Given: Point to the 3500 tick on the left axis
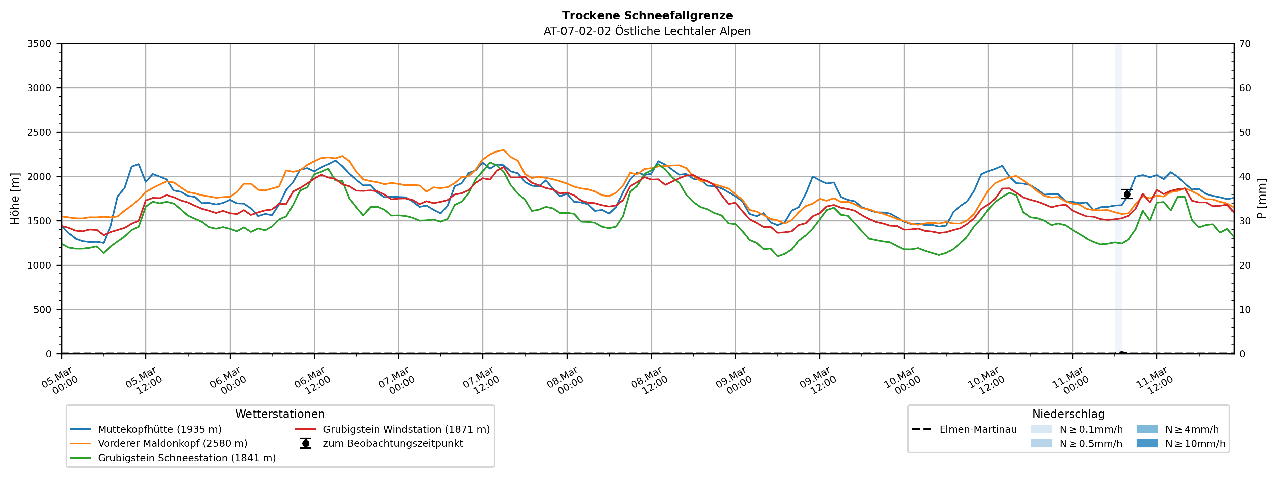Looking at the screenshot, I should [x=39, y=44].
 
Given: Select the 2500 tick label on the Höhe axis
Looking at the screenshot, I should [x=39, y=132].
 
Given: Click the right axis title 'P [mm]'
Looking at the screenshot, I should [x=1262, y=198].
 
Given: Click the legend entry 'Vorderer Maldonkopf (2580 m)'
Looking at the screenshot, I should [x=172, y=444].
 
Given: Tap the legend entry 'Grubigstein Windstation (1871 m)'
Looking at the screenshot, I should [x=406, y=429].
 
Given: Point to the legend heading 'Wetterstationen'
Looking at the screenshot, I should [x=280, y=414].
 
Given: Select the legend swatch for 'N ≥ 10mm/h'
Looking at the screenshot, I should [x=1147, y=444].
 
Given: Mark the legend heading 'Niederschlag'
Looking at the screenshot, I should [x=1068, y=414].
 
